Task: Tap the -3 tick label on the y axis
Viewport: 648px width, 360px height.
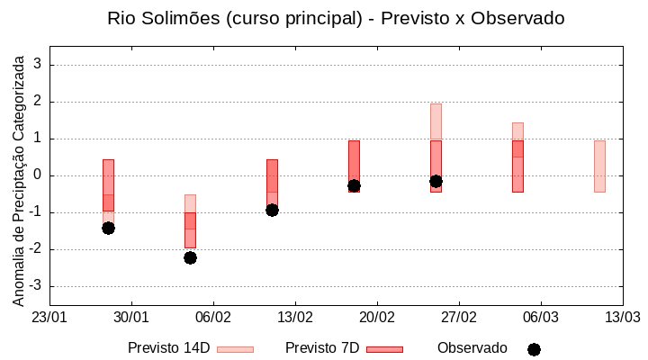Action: (35, 286)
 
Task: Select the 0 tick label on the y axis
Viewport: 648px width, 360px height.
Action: (38, 175)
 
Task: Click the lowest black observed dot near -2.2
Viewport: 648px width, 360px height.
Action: (190, 257)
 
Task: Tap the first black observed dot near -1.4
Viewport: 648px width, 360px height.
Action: (108, 228)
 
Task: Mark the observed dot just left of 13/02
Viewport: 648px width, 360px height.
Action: (272, 210)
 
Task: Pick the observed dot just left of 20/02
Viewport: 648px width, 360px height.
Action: (354, 185)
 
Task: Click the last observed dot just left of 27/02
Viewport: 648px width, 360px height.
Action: (436, 181)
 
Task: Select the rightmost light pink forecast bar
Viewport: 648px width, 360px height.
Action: (599, 166)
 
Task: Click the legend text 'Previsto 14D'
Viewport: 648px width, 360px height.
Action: (168, 348)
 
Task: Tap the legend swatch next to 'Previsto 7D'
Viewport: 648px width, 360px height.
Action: (384, 349)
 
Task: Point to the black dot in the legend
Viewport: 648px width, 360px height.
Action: (534, 349)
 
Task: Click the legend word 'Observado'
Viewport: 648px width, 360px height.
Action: (472, 348)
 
